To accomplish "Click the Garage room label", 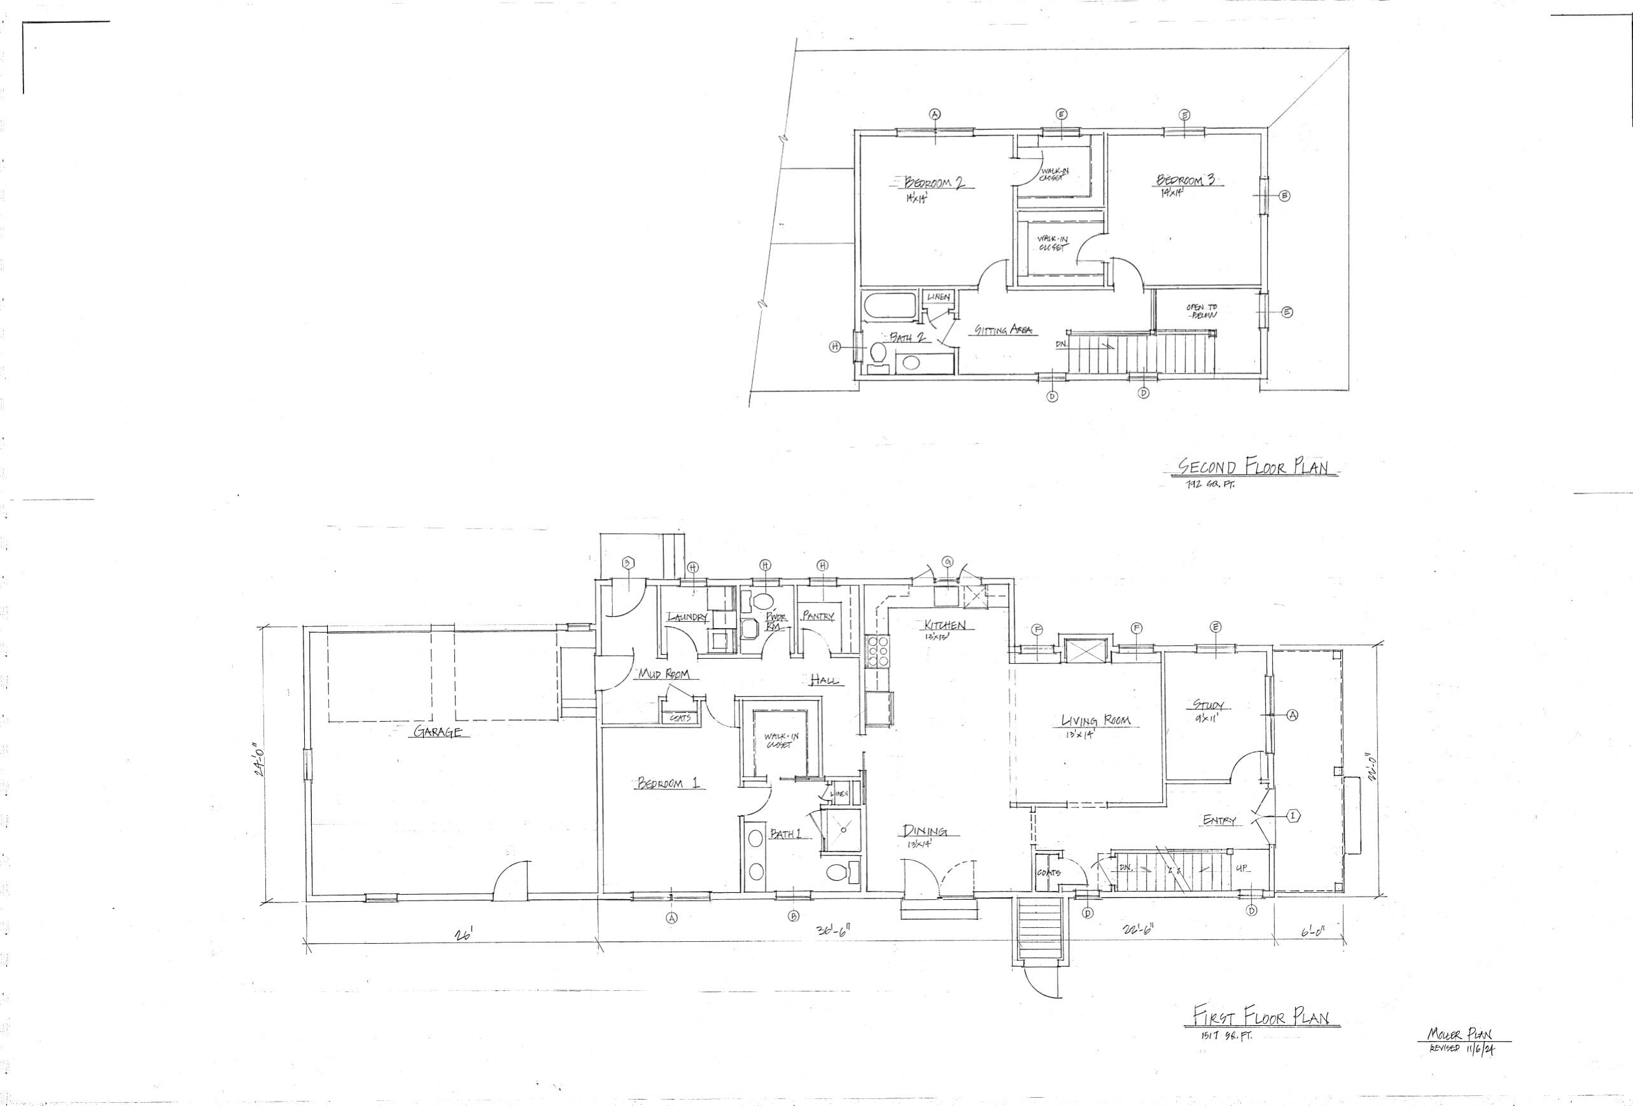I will (x=437, y=732).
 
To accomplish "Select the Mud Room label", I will (x=662, y=675).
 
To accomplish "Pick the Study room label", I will (x=1208, y=705).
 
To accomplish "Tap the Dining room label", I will (x=924, y=831).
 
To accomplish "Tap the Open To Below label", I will (x=1202, y=312).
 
